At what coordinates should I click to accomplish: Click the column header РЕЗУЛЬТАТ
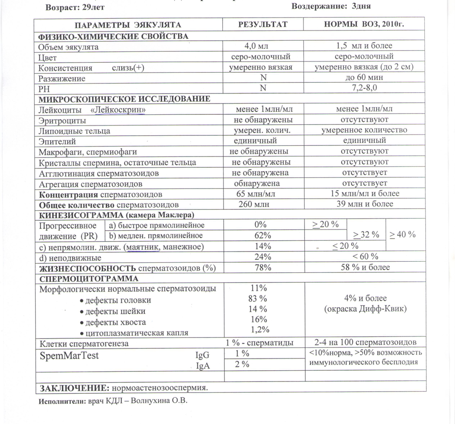(x=263, y=25)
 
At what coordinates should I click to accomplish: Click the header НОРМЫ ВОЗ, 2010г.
(x=364, y=24)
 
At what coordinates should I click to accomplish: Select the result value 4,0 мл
(x=256, y=46)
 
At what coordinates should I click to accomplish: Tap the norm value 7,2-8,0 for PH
(x=364, y=88)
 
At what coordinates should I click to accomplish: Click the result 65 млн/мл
(x=256, y=194)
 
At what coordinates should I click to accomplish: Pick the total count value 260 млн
(x=254, y=204)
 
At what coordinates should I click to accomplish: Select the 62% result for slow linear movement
(x=263, y=235)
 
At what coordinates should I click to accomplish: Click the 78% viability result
(x=263, y=268)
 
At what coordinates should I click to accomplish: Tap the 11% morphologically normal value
(x=258, y=288)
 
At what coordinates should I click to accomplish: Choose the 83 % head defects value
(x=258, y=299)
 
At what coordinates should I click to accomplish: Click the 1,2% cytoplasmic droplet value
(x=260, y=330)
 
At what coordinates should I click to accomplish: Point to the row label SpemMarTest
(x=69, y=356)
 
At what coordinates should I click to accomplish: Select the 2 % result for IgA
(x=242, y=364)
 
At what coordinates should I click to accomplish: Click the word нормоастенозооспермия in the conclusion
(x=160, y=388)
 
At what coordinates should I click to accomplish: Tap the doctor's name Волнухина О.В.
(x=159, y=401)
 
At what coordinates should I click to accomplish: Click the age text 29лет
(x=93, y=7)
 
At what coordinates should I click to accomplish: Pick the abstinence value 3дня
(x=361, y=6)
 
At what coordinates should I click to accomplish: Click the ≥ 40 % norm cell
(x=402, y=234)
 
